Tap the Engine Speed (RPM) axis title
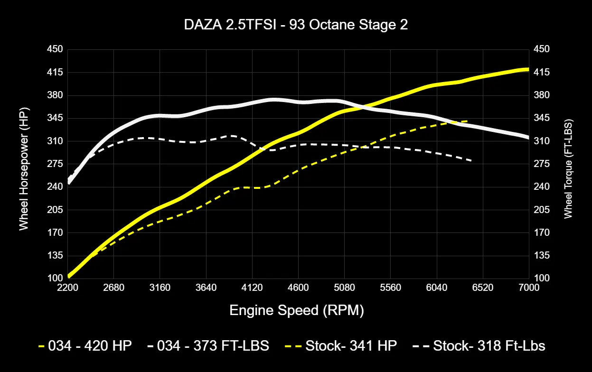296,311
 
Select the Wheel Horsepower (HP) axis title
24,163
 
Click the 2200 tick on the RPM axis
67,288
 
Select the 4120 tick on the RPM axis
252,288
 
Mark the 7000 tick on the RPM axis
528,288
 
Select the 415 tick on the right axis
542,72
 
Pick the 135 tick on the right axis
542,256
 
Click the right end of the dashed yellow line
468,121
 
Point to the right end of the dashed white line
471,161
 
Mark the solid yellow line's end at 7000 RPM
528,69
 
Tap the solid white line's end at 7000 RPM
528,138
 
